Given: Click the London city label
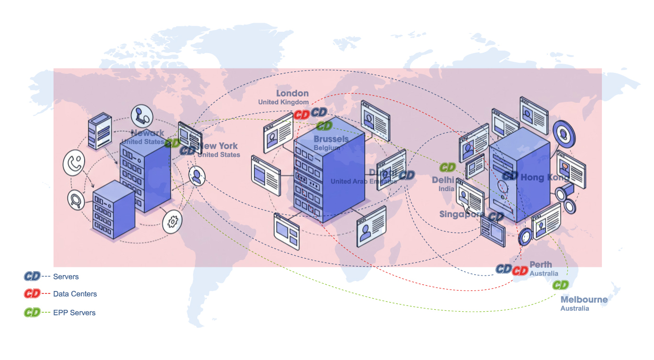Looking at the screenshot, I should coord(292,93).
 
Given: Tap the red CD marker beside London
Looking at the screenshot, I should coord(302,115).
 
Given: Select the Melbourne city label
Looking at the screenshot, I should coord(584,300).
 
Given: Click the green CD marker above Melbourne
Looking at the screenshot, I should coord(560,285).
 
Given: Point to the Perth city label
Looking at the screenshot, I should coord(541,264).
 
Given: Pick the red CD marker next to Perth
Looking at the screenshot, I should coord(520,271).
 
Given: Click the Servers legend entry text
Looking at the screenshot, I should coord(66,277).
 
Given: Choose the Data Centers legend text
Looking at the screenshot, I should coord(75,294).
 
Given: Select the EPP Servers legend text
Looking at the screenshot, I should coord(74,313).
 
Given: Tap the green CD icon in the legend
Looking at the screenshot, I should coord(32,313).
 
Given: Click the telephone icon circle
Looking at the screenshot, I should coord(74,163).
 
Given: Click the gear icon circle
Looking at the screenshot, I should coord(172,222).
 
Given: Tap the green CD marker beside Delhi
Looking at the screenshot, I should coord(448,167).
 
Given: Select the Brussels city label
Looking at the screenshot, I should coord(331,139).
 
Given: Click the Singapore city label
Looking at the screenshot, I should coord(462,214).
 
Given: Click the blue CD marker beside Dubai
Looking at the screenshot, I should coord(407,175).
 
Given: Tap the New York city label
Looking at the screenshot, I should coord(219,146).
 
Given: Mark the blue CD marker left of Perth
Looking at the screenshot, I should coord(504,269).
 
